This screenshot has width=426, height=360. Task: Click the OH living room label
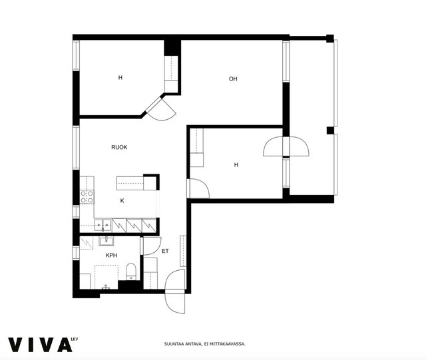(x=233, y=79)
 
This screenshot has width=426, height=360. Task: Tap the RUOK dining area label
(x=119, y=147)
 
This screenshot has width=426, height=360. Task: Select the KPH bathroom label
(x=111, y=256)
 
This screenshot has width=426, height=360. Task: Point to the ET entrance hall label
(x=165, y=251)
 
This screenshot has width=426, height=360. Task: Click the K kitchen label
(x=122, y=201)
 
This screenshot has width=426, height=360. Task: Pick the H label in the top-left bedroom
(x=120, y=78)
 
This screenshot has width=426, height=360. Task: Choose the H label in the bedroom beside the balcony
(x=236, y=165)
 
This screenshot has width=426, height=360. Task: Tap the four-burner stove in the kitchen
(x=87, y=197)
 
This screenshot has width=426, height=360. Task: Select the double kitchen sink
(x=103, y=225)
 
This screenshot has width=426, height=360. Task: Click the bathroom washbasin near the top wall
(x=106, y=241)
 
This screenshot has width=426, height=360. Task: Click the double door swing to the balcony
(x=286, y=146)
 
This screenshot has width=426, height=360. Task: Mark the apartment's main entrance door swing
(x=175, y=292)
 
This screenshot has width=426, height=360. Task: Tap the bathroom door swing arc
(x=152, y=246)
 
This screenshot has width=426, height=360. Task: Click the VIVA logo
(x=40, y=345)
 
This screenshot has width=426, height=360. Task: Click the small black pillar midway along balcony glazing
(x=330, y=130)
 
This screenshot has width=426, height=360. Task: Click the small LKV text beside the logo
(x=75, y=339)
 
